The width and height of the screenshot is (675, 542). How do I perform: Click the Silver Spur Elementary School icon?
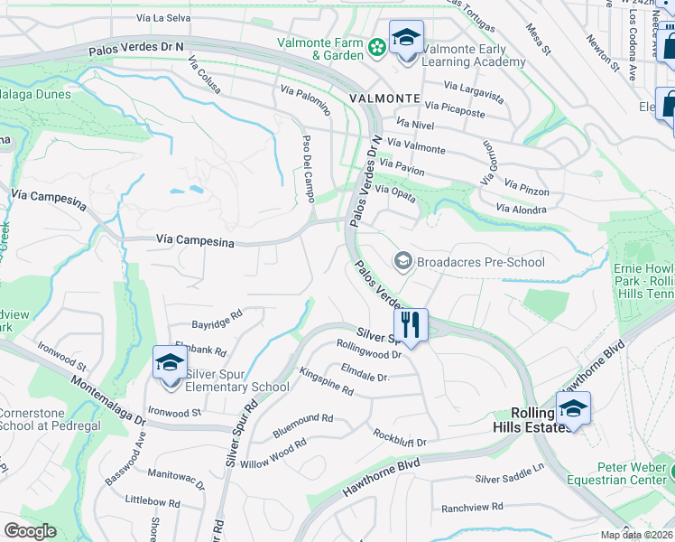click(x=169, y=363)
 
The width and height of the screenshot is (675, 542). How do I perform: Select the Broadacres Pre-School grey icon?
click(x=402, y=262)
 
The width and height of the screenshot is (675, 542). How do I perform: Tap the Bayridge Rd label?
click(x=217, y=319)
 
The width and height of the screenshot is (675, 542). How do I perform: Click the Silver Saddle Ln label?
click(x=510, y=473)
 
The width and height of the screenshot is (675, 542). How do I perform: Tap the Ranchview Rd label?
click(x=472, y=508)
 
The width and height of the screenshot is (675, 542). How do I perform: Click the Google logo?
click(x=30, y=531)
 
